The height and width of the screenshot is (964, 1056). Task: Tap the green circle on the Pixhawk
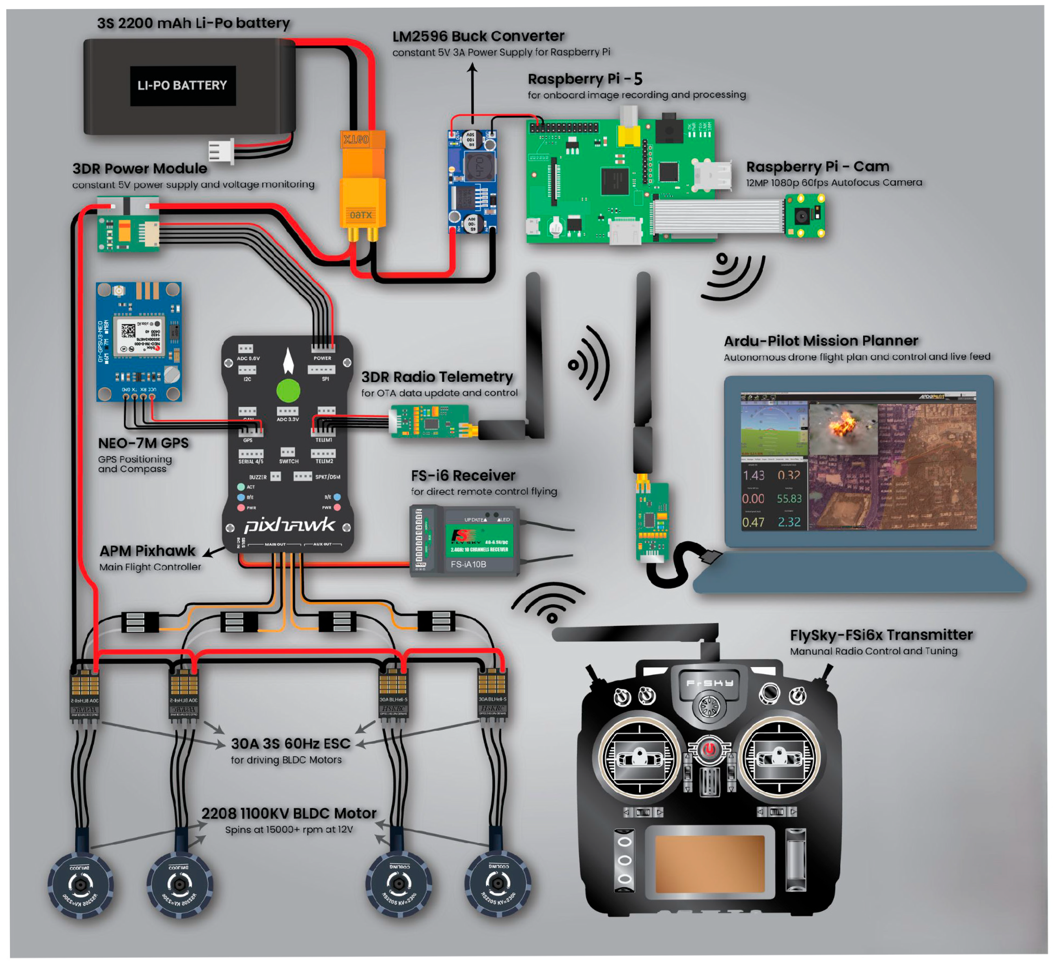(x=288, y=390)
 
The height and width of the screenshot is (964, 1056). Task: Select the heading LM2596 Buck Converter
(x=478, y=36)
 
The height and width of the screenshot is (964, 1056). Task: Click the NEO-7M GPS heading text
(x=143, y=443)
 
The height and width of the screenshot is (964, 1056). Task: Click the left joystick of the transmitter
(x=639, y=757)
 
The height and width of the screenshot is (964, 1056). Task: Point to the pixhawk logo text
(x=289, y=525)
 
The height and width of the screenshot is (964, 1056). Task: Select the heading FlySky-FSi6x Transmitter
(x=881, y=635)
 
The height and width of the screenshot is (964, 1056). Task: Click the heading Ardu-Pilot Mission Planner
(x=821, y=341)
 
